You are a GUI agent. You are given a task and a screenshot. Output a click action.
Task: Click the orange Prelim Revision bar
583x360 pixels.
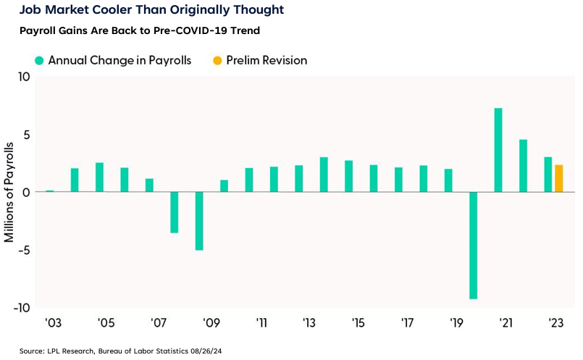click(x=558, y=178)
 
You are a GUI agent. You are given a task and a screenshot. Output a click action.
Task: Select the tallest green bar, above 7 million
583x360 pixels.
click(x=498, y=150)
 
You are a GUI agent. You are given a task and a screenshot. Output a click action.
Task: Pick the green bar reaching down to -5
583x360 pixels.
click(x=199, y=221)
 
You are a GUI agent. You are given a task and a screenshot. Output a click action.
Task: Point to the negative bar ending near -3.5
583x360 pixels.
click(x=175, y=212)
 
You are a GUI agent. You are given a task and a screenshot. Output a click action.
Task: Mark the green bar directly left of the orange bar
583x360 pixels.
click(x=548, y=175)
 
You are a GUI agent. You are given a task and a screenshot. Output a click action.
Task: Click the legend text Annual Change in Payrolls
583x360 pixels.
click(x=119, y=61)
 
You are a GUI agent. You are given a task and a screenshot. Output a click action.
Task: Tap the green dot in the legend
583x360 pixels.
click(x=39, y=61)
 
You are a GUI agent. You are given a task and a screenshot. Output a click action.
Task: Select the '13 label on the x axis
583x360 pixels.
click(x=309, y=322)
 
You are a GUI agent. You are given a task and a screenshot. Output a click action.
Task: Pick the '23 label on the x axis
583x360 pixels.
click(x=557, y=322)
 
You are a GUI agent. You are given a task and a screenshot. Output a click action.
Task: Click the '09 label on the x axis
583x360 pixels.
click(x=211, y=322)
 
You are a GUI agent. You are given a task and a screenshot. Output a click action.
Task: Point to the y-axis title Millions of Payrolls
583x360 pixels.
click(x=9, y=193)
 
